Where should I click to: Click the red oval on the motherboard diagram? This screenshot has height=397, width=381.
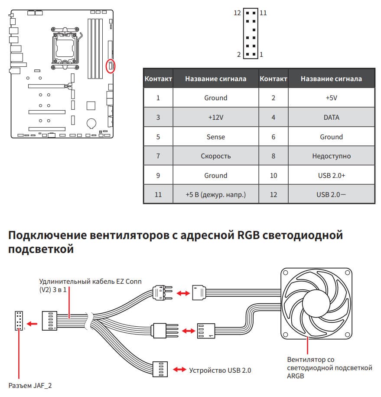point(111,66)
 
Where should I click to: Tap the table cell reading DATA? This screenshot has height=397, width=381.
point(331,117)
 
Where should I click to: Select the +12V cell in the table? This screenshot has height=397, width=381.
point(215,117)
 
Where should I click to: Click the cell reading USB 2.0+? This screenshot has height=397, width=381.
point(331,175)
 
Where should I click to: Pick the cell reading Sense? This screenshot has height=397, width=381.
point(215,137)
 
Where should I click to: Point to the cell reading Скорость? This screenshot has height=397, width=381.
point(215,156)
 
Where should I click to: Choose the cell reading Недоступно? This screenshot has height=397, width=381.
point(331,156)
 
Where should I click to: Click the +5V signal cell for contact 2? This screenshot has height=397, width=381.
point(331,98)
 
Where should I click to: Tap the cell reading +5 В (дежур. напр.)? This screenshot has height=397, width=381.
point(215,195)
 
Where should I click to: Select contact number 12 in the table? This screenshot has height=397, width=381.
point(273,195)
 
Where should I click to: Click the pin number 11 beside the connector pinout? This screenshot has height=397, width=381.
point(263,13)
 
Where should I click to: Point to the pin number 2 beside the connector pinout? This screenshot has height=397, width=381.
point(238,55)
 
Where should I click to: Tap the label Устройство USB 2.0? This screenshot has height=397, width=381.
point(220,370)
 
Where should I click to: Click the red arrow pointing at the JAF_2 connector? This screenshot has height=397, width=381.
point(31,323)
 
